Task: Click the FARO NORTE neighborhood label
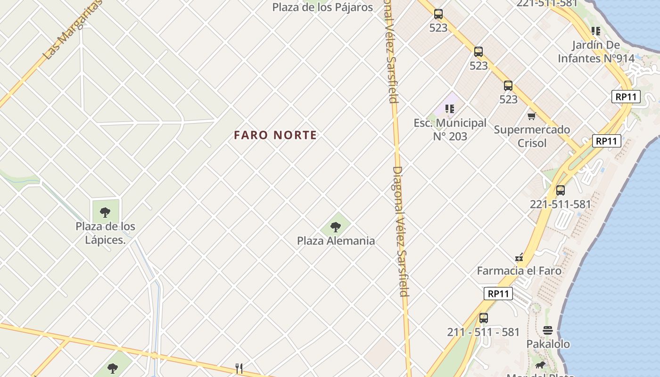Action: pyautogui.click(x=275, y=135)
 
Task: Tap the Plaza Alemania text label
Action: pyautogui.click(x=336, y=241)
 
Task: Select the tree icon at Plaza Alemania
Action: pyautogui.click(x=336, y=228)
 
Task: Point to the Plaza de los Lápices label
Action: pyautogui.click(x=105, y=233)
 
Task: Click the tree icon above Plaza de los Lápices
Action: pyautogui.click(x=105, y=212)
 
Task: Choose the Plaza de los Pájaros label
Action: pyautogui.click(x=322, y=7)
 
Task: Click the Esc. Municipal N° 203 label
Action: pyautogui.click(x=450, y=130)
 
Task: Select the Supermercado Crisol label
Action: pyautogui.click(x=532, y=136)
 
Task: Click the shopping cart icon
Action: pyautogui.click(x=532, y=116)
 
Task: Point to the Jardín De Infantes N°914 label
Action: pyautogui.click(x=596, y=52)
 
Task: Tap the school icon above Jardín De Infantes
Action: pyautogui.click(x=596, y=31)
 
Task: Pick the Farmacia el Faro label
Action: pyautogui.click(x=519, y=271)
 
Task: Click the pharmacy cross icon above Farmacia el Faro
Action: pyautogui.click(x=519, y=258)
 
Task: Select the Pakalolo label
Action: pyautogui.click(x=548, y=344)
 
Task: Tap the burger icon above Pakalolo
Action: pyautogui.click(x=547, y=330)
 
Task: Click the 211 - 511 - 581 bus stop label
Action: pyautogui.click(x=483, y=332)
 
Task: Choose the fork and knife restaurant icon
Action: pyautogui.click(x=239, y=369)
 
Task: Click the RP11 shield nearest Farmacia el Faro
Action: pyautogui.click(x=498, y=294)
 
